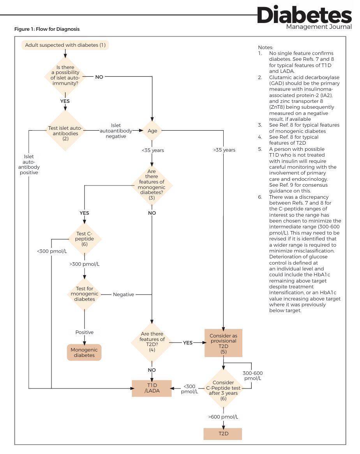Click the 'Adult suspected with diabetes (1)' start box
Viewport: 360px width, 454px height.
65,45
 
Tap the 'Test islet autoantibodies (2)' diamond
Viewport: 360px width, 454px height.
65,131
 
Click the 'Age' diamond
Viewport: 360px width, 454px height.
152,131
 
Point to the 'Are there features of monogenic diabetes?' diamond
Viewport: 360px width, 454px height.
152,185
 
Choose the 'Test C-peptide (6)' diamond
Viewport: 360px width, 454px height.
85,239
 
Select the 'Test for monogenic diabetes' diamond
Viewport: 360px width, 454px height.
85,294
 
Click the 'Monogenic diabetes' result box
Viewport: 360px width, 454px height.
84,352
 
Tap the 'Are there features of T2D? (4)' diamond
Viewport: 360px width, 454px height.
152,342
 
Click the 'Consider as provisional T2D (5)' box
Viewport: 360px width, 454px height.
223,343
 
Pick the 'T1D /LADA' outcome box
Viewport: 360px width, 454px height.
152,388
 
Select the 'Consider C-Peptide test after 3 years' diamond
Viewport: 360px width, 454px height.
223,388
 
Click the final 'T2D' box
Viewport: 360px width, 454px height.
223,434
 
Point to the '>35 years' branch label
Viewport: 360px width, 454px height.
224,150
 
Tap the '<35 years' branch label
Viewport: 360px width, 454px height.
153,150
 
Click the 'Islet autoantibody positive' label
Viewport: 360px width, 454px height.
29,164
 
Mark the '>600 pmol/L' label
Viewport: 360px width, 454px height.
223,417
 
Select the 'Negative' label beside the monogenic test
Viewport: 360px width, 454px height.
124,295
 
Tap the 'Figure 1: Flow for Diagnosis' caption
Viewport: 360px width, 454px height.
47,29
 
